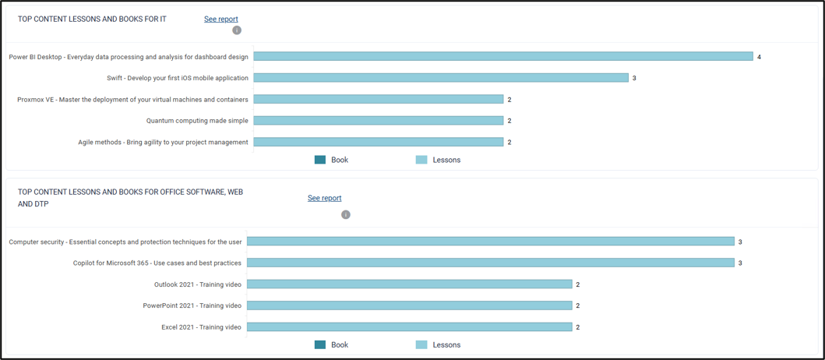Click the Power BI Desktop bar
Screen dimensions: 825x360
[503, 56]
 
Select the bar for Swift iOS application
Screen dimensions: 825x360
[441, 78]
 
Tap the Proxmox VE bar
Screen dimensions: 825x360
[379, 99]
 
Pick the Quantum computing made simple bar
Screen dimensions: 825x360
[379, 121]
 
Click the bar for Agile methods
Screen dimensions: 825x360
[379, 142]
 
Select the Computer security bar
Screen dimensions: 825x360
[490, 241]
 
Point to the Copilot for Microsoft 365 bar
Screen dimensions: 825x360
[490, 263]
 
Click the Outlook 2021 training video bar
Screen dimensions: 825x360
[409, 284]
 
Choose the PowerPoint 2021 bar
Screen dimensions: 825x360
[409, 305]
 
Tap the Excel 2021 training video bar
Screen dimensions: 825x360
[409, 326]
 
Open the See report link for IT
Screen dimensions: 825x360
[221, 19]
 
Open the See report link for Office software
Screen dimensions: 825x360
[325, 198]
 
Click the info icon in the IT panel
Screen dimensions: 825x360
[237, 30]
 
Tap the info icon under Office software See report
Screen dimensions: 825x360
[346, 215]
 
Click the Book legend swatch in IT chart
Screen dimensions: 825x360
[320, 160]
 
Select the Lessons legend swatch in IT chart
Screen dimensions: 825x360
[421, 160]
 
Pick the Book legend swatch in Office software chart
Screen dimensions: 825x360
[320, 344]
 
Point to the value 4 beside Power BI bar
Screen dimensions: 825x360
[760, 57]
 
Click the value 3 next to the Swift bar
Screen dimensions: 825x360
[635, 78]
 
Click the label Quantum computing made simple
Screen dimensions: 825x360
[197, 121]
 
